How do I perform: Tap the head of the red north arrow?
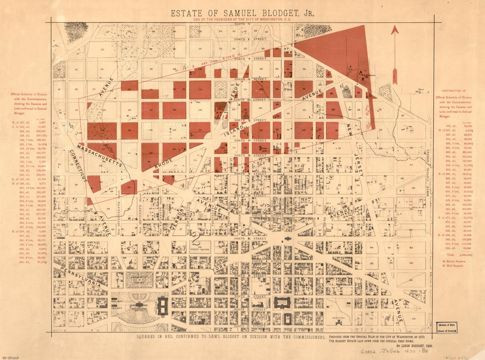click(395, 30)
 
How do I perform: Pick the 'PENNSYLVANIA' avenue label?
click(83, 277)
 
